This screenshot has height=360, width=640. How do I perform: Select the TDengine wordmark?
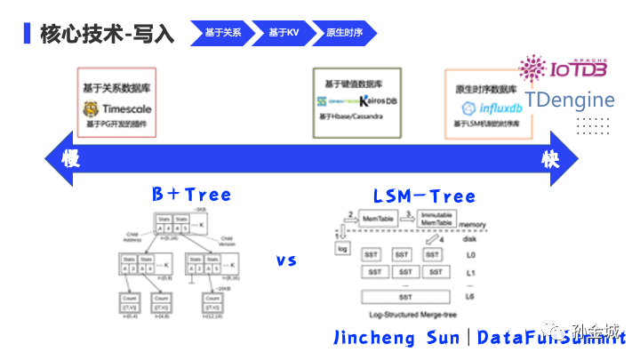pyautogui.click(x=570, y=100)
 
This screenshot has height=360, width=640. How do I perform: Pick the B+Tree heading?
pyautogui.click(x=191, y=195)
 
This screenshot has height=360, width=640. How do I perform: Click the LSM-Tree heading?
pyautogui.click(x=423, y=196)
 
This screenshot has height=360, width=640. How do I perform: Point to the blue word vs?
pyautogui.click(x=285, y=260)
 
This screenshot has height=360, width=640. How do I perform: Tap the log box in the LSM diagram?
pyautogui.click(x=342, y=251)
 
